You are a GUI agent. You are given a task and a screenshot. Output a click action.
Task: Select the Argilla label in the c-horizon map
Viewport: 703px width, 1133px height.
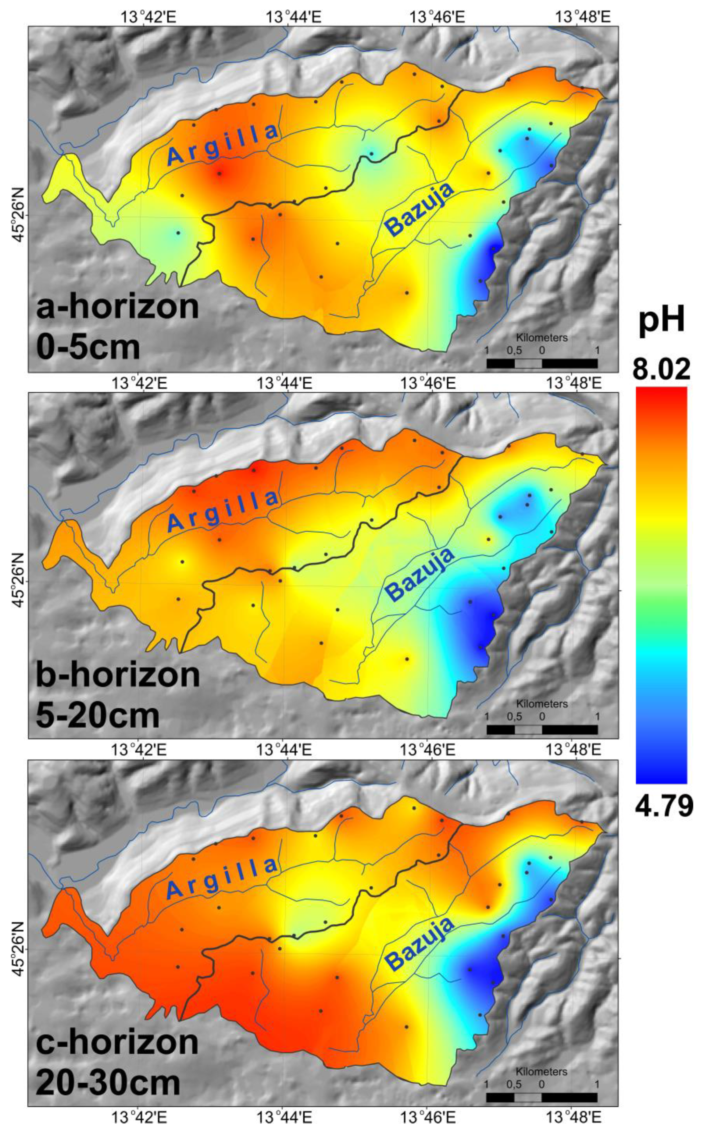point(222,878)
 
